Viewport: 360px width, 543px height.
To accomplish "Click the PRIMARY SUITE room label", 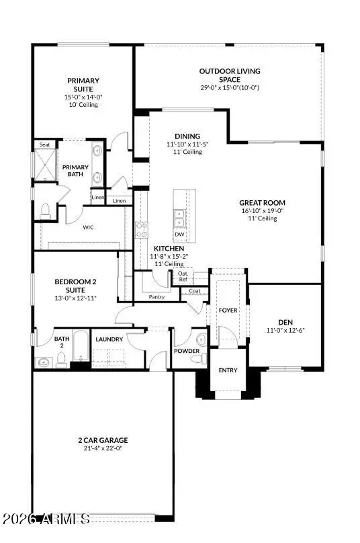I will (x=83, y=85).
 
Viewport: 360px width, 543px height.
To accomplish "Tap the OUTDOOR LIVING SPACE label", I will (x=229, y=75).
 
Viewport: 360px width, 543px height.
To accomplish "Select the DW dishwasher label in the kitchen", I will (x=179, y=234).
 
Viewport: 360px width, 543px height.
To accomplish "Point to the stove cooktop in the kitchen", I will (x=141, y=230).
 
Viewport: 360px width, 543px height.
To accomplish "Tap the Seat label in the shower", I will (x=45, y=144).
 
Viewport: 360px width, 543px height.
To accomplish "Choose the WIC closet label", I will (x=88, y=228).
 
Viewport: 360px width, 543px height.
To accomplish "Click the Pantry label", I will (x=156, y=296).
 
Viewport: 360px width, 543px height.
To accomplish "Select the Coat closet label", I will (x=195, y=290).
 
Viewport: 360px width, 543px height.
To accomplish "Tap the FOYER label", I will (x=228, y=311).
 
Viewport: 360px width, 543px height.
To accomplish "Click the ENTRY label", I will (x=228, y=370).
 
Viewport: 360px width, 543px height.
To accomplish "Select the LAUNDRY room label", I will (x=109, y=339).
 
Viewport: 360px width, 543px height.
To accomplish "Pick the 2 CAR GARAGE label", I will (x=103, y=441).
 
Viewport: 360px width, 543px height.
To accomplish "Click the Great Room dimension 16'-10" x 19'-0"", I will (x=263, y=210).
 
